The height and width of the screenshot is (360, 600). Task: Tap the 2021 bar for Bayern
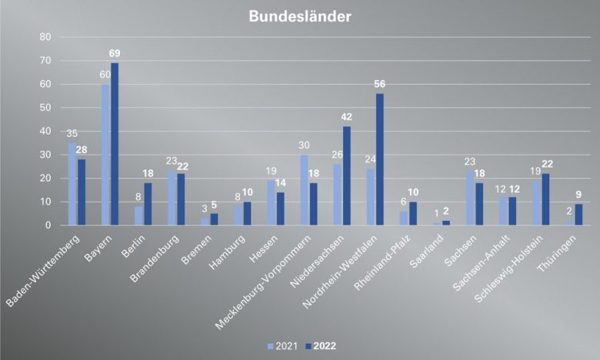click(x=105, y=155)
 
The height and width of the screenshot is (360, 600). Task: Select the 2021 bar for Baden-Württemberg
click(x=72, y=184)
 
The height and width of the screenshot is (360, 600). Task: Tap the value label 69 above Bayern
click(x=115, y=53)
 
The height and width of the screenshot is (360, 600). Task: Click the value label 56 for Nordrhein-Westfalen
click(x=380, y=85)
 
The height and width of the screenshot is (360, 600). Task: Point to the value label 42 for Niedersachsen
click(x=347, y=117)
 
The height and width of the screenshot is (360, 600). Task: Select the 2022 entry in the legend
click(x=319, y=345)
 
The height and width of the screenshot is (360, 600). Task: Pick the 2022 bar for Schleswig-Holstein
click(x=545, y=199)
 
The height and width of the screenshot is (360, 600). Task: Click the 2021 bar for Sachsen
click(x=469, y=198)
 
